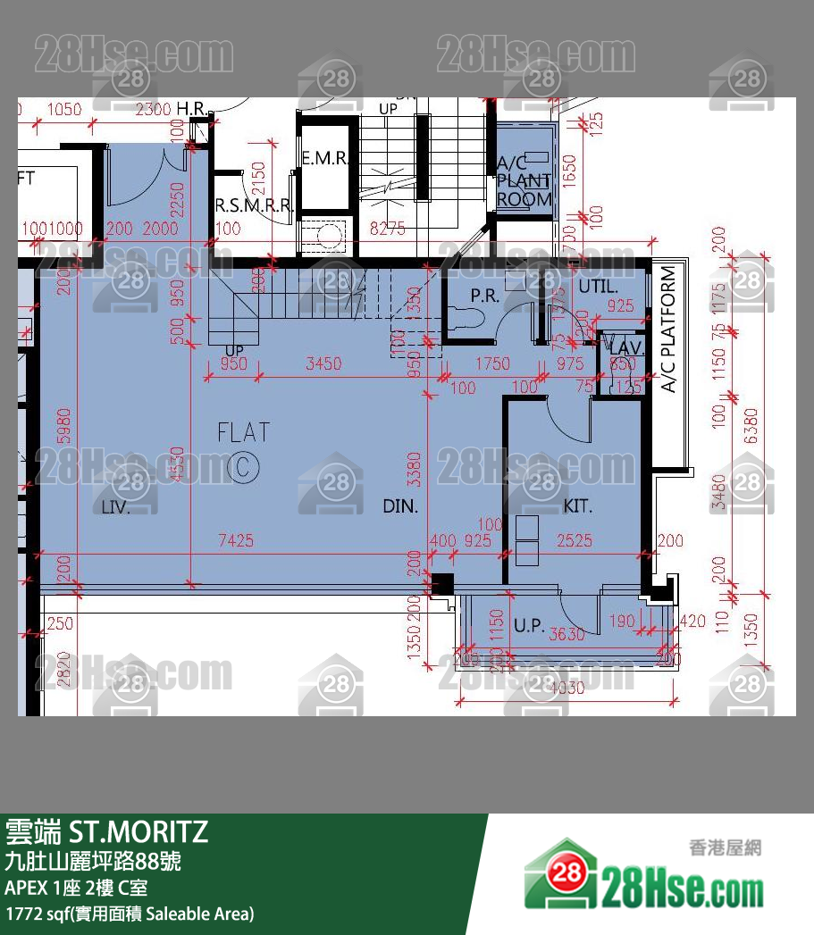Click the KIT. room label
[578, 506]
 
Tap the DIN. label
[401, 506]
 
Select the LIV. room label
[116, 508]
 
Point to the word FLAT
[243, 433]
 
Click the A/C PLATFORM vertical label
[668, 330]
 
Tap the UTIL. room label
[598, 287]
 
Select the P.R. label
[484, 296]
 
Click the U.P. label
[529, 626]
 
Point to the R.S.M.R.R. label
[254, 205]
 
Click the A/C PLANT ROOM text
[524, 181]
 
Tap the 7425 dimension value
[236, 540]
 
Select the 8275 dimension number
[387, 229]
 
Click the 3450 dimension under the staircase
[323, 363]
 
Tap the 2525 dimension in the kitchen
[575, 540]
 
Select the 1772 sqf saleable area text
[130, 914]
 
